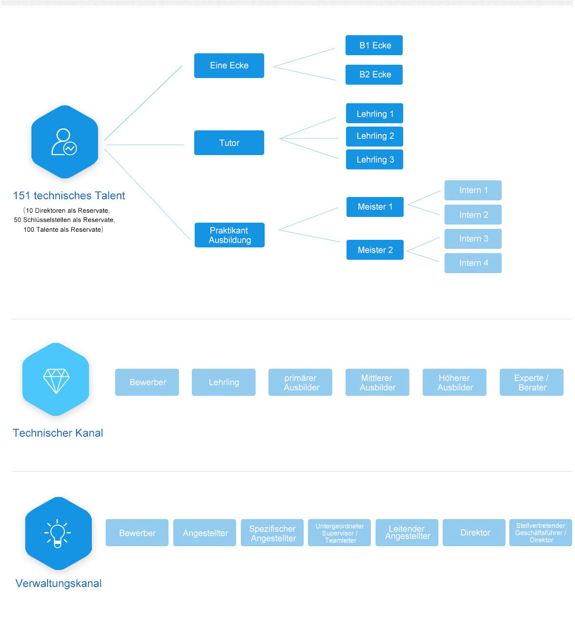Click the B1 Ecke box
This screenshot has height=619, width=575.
tap(374, 45)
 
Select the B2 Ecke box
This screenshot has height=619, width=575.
tap(374, 75)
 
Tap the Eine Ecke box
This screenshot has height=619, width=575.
tap(229, 66)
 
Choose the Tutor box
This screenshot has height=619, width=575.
tap(229, 143)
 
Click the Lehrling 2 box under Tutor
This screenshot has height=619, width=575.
tap(375, 136)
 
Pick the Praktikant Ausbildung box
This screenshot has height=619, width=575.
tap(229, 235)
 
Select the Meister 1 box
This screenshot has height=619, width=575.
tap(375, 207)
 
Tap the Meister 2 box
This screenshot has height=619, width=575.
tap(375, 250)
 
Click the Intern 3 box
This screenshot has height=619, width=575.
tap(473, 239)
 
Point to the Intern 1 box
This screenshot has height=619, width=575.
tap(473, 190)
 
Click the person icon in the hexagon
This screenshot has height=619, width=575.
tap(64, 142)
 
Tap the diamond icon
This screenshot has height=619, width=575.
tap(56, 381)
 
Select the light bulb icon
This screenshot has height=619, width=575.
tap(58, 533)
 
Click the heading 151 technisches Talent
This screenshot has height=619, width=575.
tap(69, 196)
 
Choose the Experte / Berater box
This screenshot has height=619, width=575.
tap(532, 383)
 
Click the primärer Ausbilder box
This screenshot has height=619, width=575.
tap(300, 383)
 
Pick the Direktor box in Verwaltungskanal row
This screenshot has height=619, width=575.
tap(474, 533)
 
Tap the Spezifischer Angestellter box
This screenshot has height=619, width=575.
tap(272, 533)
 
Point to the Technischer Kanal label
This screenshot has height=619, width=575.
tap(58, 433)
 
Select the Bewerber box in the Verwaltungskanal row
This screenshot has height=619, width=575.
tap(137, 533)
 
